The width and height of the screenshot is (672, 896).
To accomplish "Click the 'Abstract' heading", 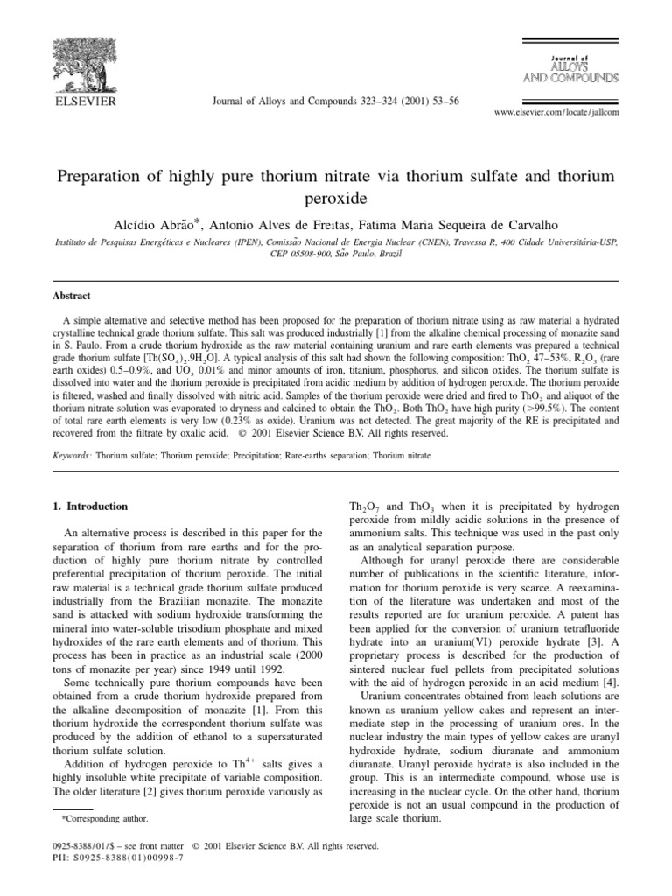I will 73,297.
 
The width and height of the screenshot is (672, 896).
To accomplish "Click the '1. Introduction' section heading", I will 91,506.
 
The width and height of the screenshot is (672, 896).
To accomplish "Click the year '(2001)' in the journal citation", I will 407,101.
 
